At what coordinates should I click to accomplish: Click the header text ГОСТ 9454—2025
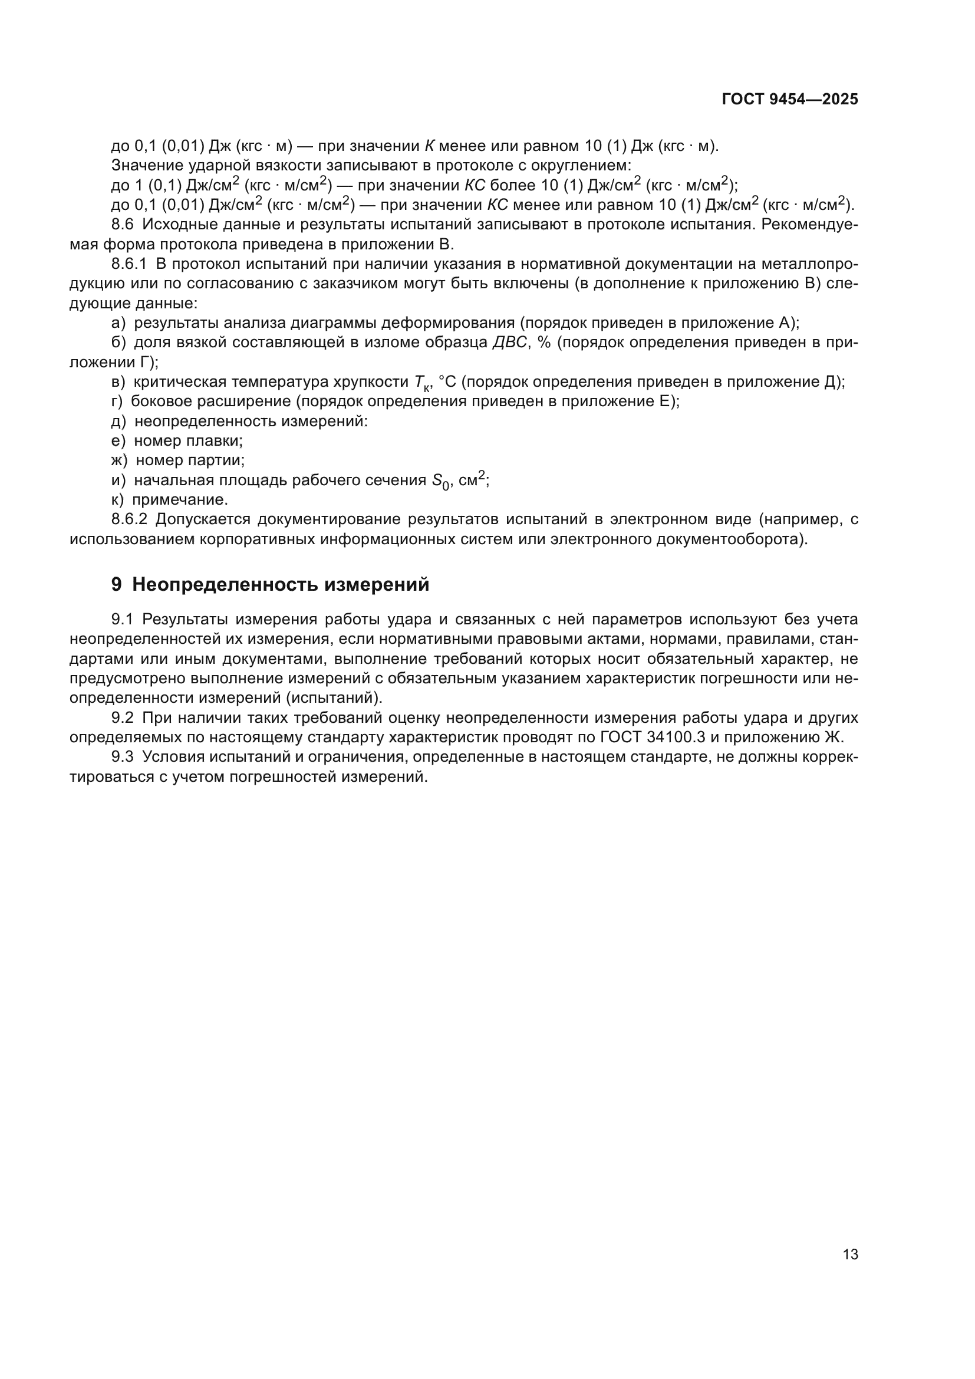coord(789,100)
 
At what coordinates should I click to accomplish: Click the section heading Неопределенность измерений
coord(281,584)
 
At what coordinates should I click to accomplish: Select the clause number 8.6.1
coord(129,264)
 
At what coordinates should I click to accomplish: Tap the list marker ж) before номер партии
coord(119,460)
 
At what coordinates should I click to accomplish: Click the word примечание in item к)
coord(180,500)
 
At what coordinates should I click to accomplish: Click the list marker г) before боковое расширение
coord(117,401)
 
